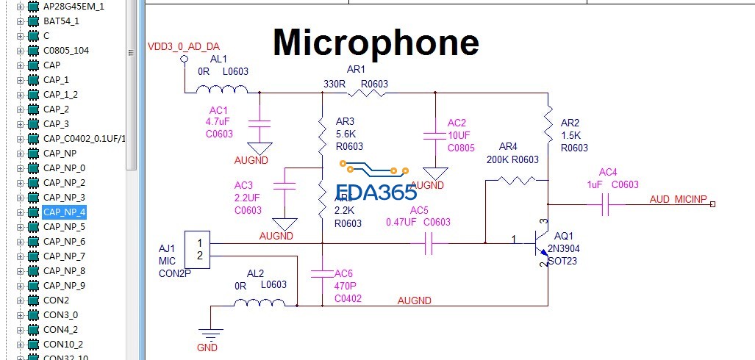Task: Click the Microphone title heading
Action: point(376,43)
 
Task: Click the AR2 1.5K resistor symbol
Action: point(548,124)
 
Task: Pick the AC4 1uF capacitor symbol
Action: point(606,205)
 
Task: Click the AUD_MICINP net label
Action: point(678,200)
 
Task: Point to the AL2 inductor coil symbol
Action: point(265,303)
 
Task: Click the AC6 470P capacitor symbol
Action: point(322,274)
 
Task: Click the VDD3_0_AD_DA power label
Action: point(184,46)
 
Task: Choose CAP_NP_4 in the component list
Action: point(64,212)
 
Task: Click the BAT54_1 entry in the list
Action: point(61,21)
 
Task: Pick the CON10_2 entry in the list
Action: point(62,344)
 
